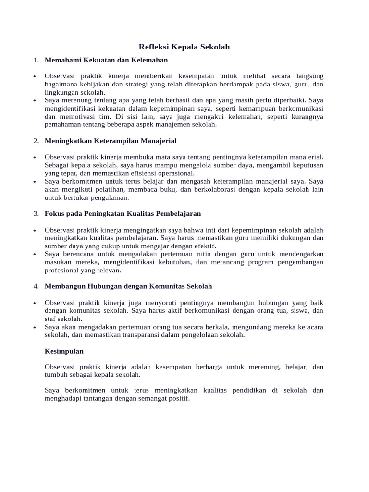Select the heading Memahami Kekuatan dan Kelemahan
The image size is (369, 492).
click(106, 60)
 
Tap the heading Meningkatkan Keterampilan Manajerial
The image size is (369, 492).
click(111, 141)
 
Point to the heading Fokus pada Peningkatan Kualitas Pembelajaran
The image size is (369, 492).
click(123, 213)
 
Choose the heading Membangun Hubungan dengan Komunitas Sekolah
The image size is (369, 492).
click(128, 286)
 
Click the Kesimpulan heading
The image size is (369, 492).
click(64, 351)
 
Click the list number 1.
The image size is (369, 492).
click(36, 60)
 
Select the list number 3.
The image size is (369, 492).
click(36, 213)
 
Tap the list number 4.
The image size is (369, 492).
click(36, 286)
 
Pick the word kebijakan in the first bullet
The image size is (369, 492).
click(90, 85)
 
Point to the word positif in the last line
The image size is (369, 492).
click(178, 399)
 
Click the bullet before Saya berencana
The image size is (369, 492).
click(36, 254)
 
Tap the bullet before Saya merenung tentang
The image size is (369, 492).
click(36, 101)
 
